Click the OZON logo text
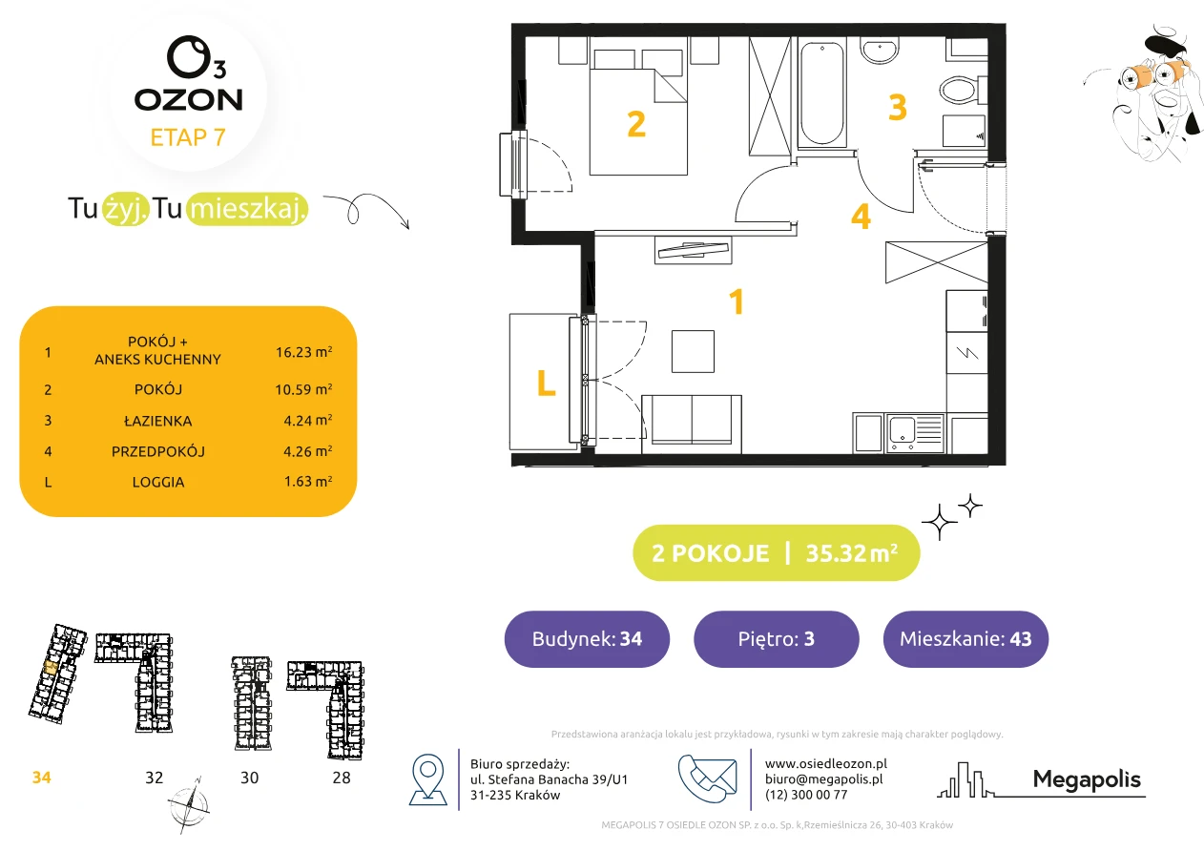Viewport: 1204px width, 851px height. (189, 100)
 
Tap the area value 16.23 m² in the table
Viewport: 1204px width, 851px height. (303, 352)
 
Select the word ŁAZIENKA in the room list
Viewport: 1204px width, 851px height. (158, 421)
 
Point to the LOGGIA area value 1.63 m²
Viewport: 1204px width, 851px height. (308, 481)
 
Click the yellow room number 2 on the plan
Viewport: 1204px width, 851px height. (636, 124)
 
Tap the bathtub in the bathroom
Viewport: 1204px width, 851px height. (821, 93)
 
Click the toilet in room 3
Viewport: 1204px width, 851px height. (963, 90)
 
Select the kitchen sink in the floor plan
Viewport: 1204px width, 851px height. (915, 433)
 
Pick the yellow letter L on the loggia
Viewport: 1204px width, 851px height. (546, 383)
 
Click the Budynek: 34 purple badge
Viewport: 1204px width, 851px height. (587, 638)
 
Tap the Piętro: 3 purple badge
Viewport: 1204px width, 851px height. (777, 638)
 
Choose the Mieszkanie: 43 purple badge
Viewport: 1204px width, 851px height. (965, 638)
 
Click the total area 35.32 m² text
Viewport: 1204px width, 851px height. (851, 552)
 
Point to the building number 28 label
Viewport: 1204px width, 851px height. (342, 778)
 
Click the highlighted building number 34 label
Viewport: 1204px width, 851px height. (41, 778)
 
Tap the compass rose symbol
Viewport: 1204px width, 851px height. (188, 805)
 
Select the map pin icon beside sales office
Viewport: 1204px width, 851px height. (427, 778)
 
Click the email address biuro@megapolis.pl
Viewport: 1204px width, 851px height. (824, 778)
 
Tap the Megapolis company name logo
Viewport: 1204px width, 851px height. (1087, 779)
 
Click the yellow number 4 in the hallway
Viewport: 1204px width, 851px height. (861, 217)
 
